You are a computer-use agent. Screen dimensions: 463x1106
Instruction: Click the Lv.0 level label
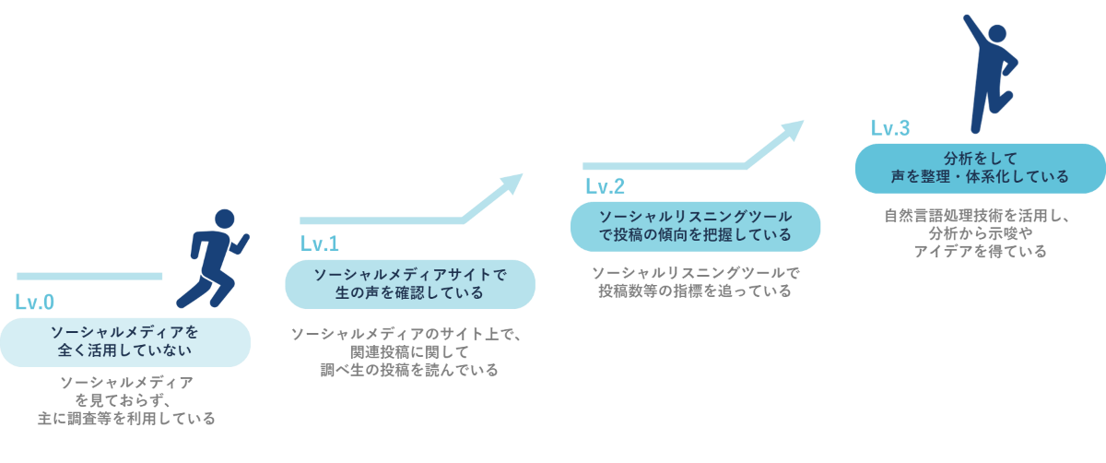coord(34,303)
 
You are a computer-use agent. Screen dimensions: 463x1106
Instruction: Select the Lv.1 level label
coord(319,244)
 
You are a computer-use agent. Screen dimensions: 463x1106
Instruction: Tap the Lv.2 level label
coord(605,187)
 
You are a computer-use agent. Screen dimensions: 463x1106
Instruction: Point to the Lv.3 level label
coord(889,129)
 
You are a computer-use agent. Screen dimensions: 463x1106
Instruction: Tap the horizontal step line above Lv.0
coord(89,276)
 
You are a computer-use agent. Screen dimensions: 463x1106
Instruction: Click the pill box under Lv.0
coord(124,341)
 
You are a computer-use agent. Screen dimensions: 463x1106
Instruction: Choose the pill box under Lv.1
coord(409,284)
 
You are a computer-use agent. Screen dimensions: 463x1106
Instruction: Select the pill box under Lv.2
coord(695,226)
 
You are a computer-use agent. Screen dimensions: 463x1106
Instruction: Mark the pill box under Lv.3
coord(980,168)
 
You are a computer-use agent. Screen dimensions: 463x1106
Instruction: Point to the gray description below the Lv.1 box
coord(408,351)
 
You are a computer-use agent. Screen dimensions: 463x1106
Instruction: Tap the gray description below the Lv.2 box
coord(695,282)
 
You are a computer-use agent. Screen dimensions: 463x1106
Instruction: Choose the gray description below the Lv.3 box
coord(980,234)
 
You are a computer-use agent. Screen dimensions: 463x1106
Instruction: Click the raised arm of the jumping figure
coord(971,30)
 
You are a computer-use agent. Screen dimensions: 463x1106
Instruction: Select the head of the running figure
coord(224,220)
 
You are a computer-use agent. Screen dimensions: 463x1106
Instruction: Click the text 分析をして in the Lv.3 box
coord(980,159)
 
